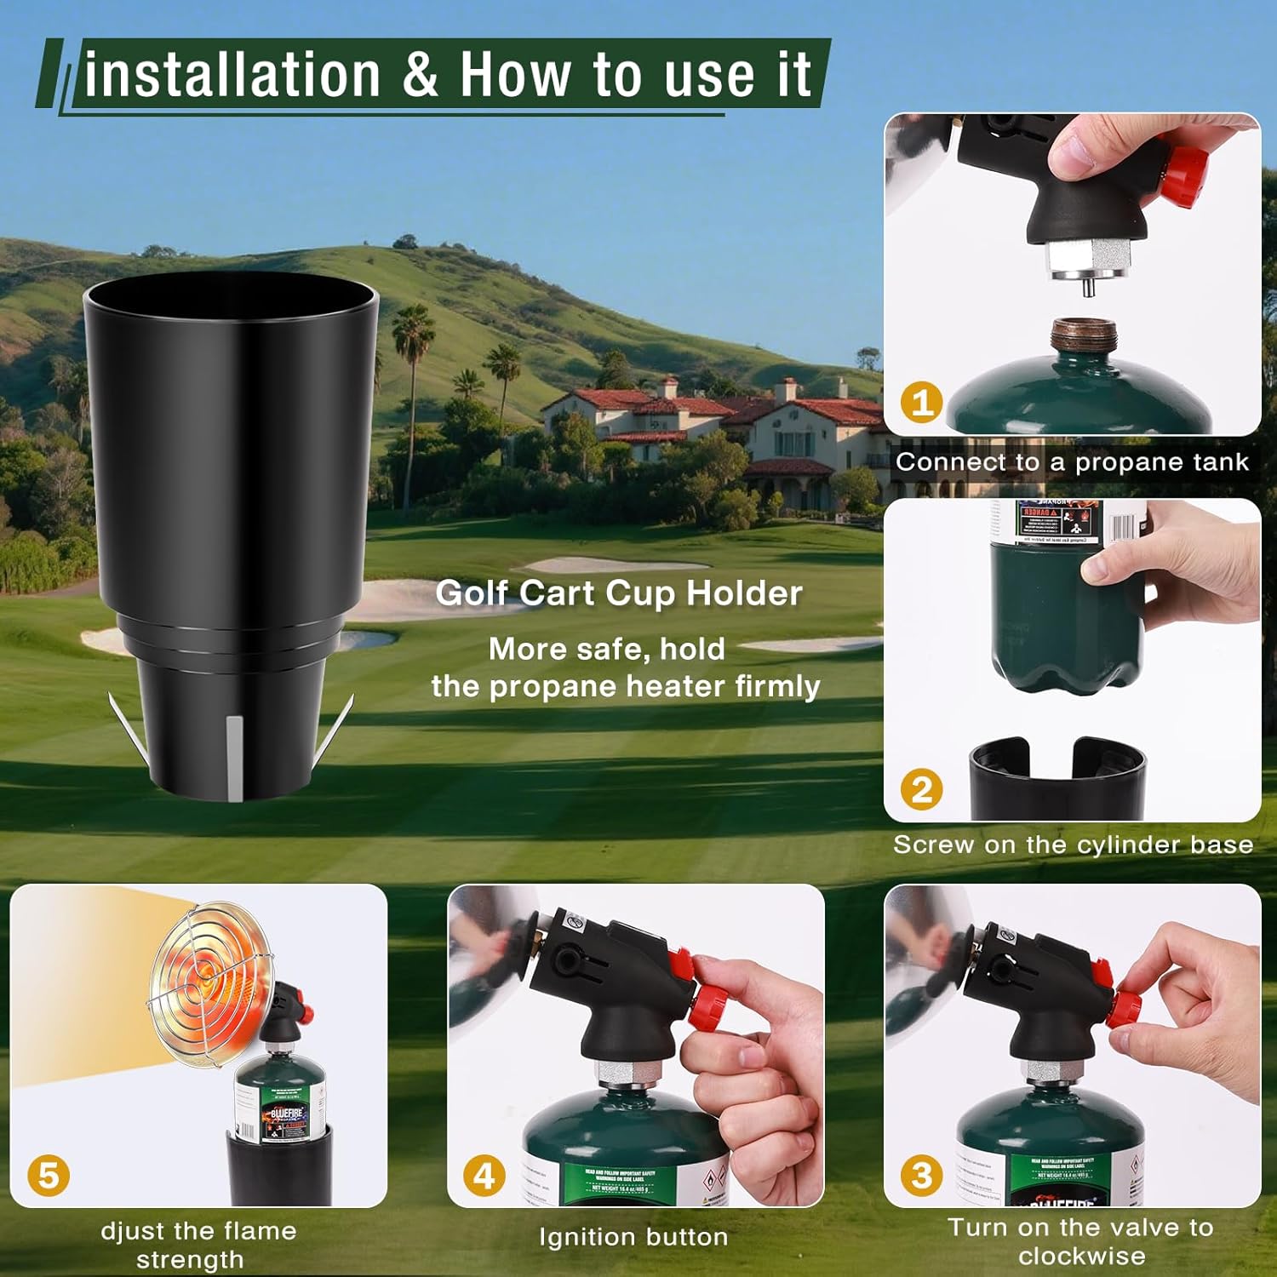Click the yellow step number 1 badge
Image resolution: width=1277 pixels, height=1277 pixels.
[922, 401]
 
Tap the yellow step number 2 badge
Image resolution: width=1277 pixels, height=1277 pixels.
[922, 789]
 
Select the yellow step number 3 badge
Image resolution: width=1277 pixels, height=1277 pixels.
[922, 1176]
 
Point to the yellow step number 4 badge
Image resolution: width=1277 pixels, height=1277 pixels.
[484, 1176]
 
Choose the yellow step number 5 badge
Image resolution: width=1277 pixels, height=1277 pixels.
[49, 1176]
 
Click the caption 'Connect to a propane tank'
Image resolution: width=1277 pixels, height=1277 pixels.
[1072, 462]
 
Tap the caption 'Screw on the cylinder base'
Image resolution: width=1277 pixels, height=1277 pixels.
[1073, 845]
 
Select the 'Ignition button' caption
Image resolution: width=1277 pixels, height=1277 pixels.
[633, 1237]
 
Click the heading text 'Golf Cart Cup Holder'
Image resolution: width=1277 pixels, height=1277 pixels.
[618, 593]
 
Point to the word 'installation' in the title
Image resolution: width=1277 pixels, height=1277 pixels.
[232, 75]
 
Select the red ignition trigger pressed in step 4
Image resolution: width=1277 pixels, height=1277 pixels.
[680, 965]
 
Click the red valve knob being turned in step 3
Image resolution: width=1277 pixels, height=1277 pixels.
[1128, 1009]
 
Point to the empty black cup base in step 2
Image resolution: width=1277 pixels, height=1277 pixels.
[1057, 779]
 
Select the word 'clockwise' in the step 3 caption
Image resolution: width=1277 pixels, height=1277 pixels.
[1081, 1256]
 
